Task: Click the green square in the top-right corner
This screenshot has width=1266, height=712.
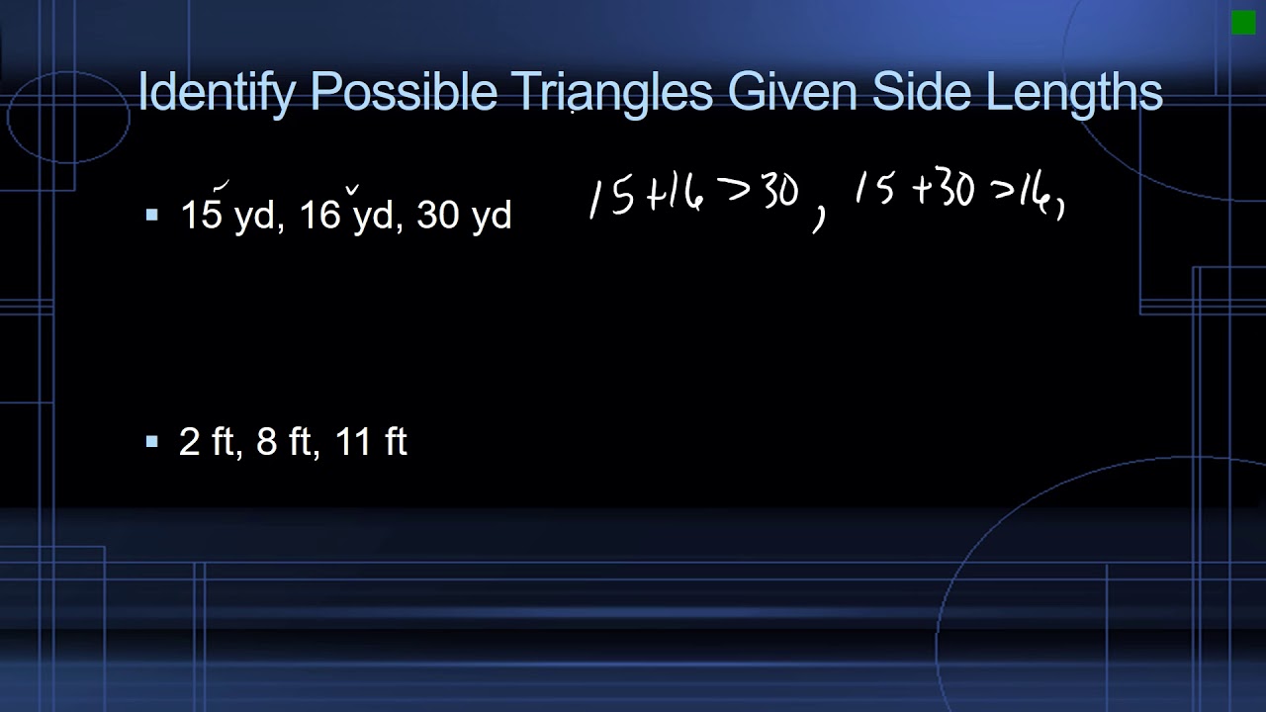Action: coord(1243,23)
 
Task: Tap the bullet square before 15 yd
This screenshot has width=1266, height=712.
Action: coord(151,215)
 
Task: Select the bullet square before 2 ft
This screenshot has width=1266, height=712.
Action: coord(151,441)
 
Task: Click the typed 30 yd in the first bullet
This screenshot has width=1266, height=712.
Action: coord(464,216)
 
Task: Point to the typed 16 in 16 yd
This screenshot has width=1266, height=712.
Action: coord(318,216)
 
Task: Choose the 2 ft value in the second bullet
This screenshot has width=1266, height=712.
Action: coord(205,441)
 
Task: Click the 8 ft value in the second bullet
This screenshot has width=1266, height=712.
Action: coord(283,441)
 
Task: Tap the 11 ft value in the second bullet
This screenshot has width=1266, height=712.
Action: coord(371,441)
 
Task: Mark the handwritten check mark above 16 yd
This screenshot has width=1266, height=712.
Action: coord(351,188)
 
